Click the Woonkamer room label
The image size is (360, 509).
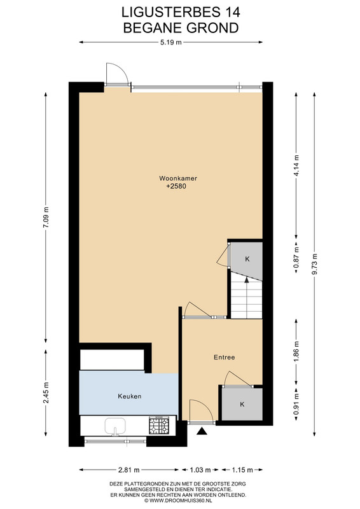(178, 178)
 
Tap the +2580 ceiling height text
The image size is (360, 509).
(176, 186)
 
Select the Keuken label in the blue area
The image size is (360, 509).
(130, 396)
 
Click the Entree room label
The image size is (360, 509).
(224, 358)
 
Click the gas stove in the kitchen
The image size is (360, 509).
(159, 426)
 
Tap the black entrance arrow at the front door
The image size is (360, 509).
(202, 431)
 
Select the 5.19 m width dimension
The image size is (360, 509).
(170, 42)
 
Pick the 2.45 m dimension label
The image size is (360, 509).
(46, 393)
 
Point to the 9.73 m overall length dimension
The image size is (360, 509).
(314, 263)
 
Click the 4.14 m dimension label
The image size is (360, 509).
(296, 165)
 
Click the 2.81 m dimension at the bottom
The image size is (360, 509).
(129, 470)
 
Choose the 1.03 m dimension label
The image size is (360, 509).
(200, 470)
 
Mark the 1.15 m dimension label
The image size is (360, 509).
(242, 470)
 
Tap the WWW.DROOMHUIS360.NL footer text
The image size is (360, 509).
(180, 501)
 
